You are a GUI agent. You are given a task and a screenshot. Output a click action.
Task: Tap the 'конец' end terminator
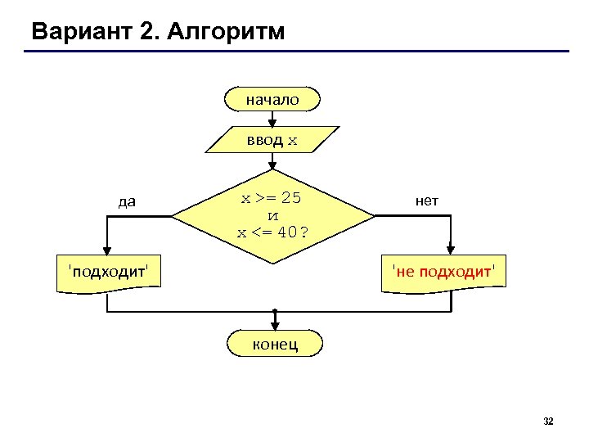(x=274, y=344)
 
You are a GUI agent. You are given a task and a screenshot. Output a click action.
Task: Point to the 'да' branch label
(x=127, y=201)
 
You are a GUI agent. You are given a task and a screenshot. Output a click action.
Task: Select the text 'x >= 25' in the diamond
(x=271, y=198)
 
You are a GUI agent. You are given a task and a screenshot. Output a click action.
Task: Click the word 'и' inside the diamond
(x=273, y=214)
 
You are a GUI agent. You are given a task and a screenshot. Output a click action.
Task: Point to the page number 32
(x=548, y=422)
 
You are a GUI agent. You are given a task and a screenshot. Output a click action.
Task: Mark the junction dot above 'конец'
(x=276, y=312)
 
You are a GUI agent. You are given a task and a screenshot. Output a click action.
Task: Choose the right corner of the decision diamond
(x=375, y=216)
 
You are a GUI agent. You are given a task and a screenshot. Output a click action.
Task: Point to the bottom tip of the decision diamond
(x=274, y=263)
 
